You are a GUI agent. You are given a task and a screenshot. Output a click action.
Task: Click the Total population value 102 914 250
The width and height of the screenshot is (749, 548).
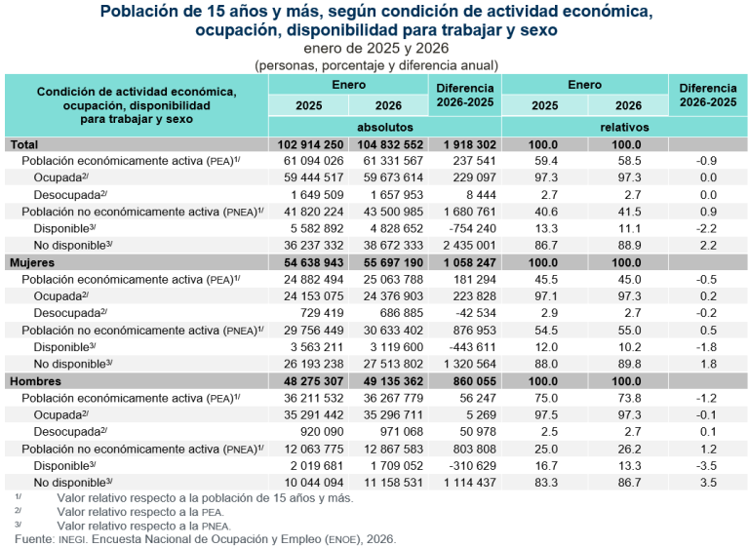[x=307, y=144]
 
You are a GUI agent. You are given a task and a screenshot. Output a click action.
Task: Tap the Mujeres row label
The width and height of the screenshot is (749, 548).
[x=35, y=263]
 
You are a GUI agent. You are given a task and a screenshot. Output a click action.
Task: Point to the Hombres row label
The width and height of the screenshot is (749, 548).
[x=36, y=381]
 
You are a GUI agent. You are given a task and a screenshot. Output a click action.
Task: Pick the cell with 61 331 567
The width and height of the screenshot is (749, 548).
[x=385, y=161]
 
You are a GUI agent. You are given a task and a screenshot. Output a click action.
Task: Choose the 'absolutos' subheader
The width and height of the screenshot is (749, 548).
[x=384, y=128]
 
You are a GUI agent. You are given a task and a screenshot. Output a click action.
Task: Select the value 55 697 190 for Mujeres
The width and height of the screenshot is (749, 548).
[x=385, y=263]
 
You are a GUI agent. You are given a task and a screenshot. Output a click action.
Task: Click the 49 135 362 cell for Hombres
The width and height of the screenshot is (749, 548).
[x=385, y=381]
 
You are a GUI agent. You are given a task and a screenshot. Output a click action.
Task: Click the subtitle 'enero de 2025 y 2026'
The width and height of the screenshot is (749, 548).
[x=375, y=49]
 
